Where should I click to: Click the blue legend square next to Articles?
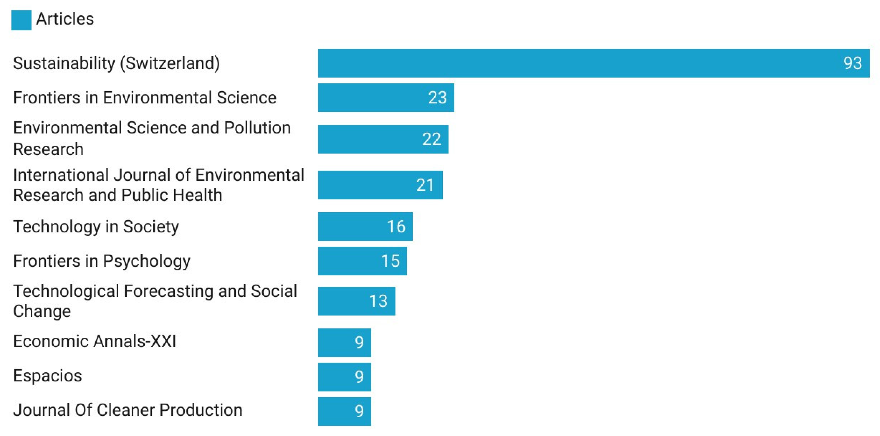click(21, 20)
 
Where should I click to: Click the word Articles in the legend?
click(65, 19)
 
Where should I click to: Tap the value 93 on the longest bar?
click(852, 63)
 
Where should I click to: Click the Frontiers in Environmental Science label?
click(144, 98)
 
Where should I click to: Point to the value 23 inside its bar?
click(437, 98)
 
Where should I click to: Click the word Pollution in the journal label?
click(257, 128)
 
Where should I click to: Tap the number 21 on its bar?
click(425, 185)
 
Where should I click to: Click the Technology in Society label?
click(96, 226)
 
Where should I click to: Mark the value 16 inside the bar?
click(396, 226)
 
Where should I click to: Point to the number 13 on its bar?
click(378, 301)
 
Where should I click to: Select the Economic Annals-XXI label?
click(95, 341)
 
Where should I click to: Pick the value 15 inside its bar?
click(390, 261)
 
